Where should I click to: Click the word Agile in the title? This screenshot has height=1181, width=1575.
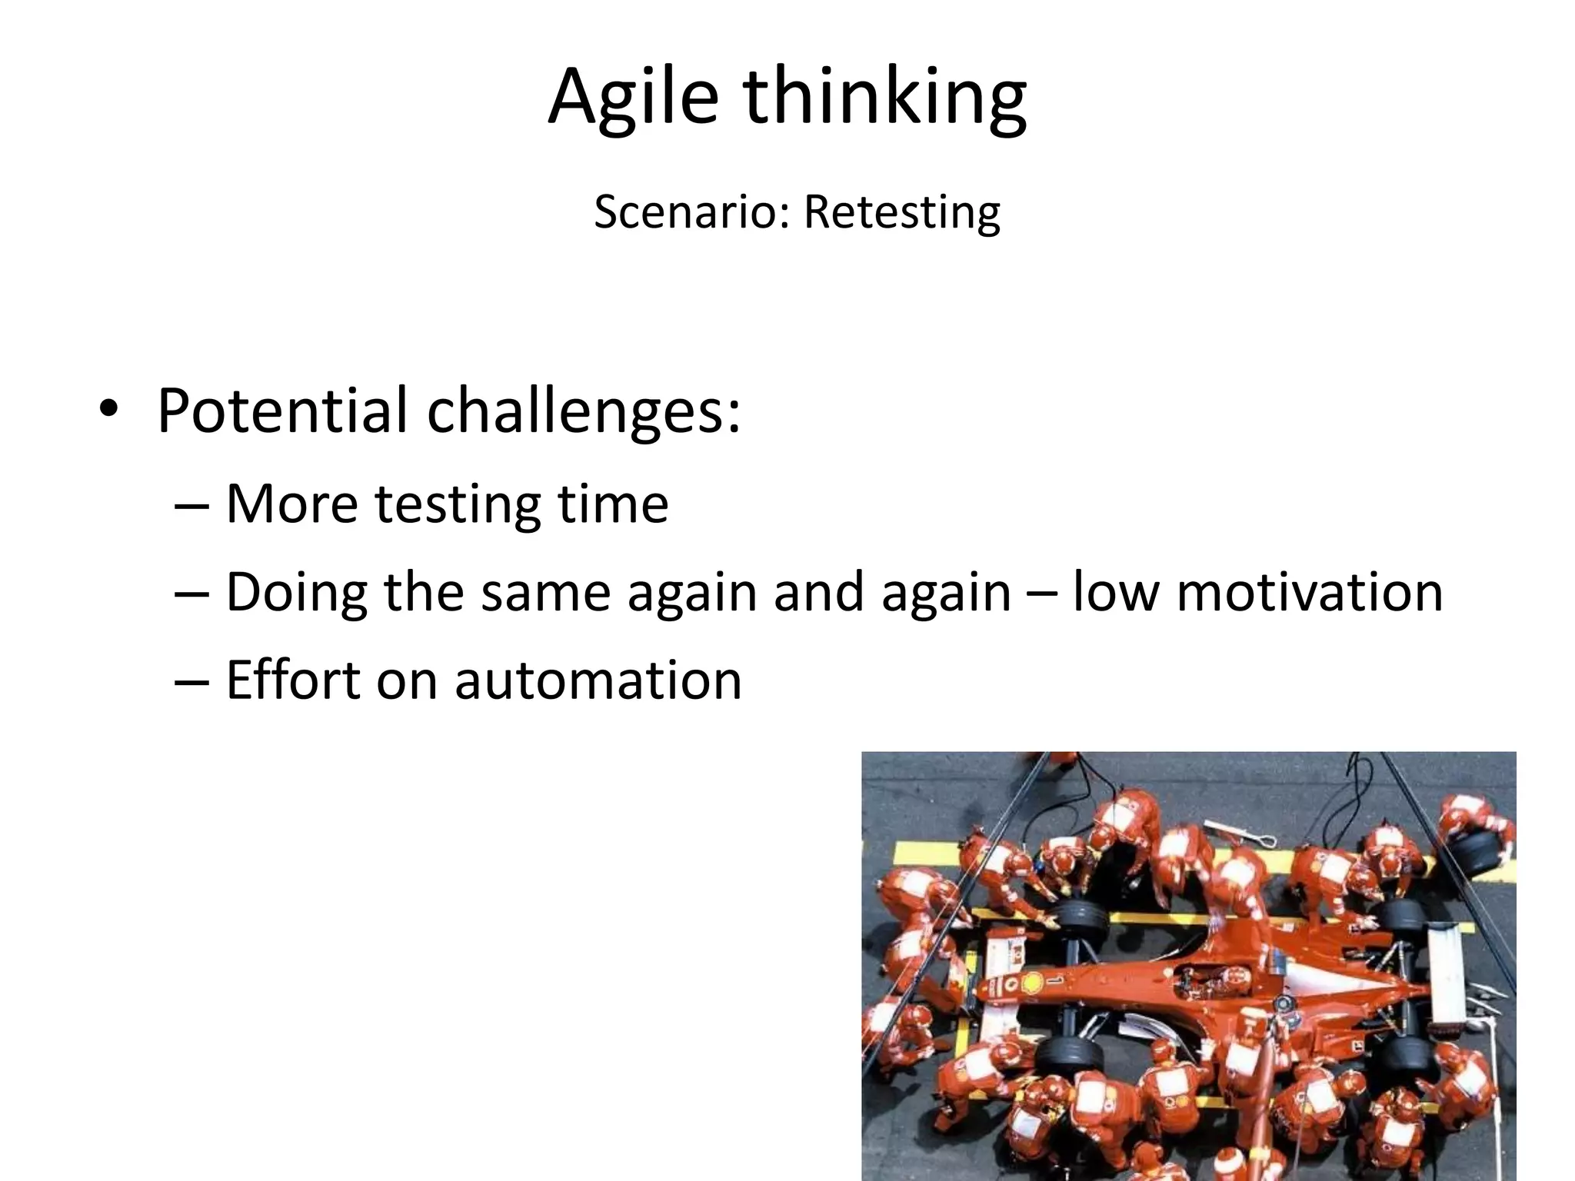632,98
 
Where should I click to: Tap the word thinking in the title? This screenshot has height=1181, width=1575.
884,98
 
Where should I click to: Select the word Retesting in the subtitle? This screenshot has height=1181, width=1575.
901,212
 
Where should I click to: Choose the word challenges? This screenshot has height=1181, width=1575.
583,411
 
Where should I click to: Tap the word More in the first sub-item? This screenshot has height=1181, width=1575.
291,504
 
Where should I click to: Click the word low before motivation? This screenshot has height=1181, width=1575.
1114,593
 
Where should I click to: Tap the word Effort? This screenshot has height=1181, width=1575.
293,680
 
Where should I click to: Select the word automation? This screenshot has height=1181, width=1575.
598,680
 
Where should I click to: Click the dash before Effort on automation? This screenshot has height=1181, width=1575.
191,682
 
